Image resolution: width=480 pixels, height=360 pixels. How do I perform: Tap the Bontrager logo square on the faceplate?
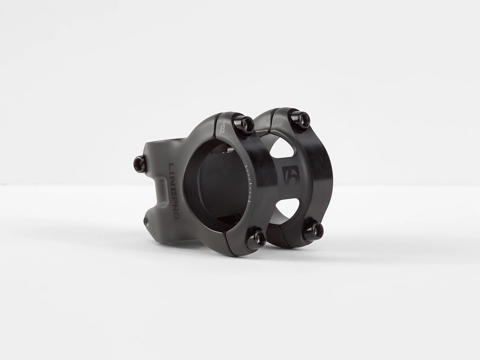(289, 177)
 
